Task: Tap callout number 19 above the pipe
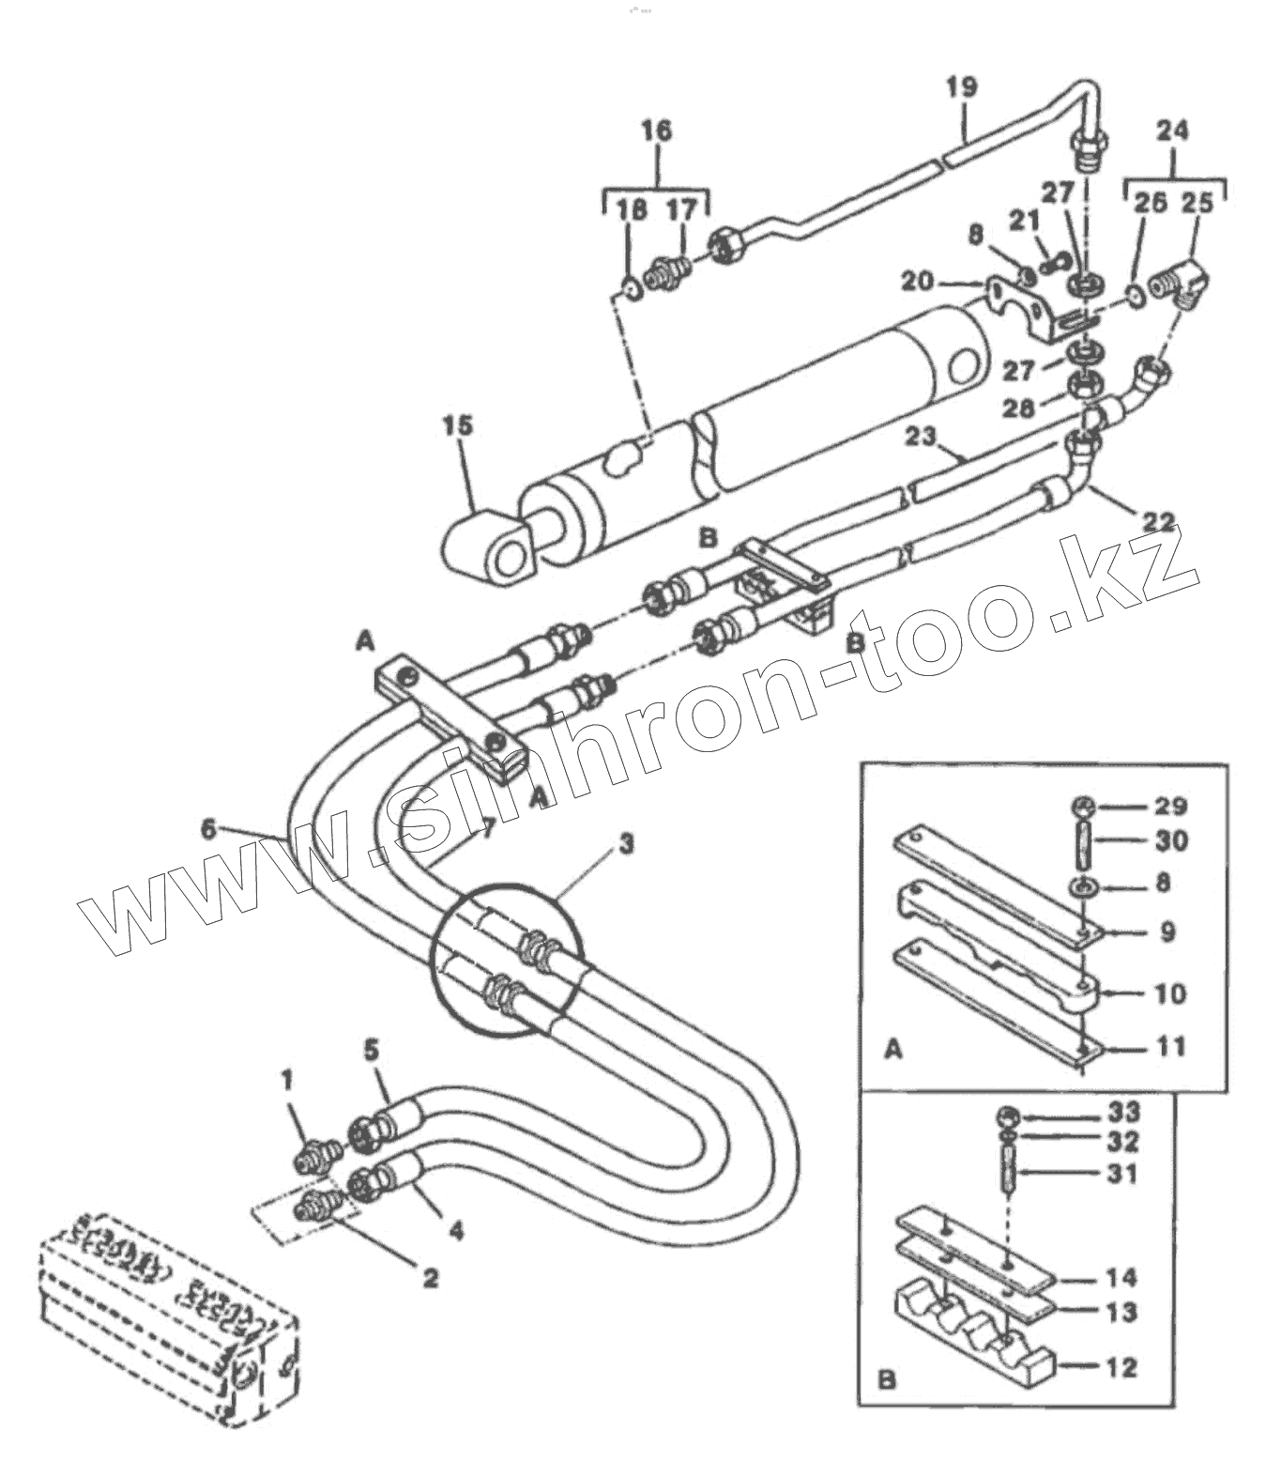point(961,87)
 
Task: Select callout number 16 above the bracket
point(656,130)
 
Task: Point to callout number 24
point(1174,130)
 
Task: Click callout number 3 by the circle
point(626,843)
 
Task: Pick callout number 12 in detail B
point(1121,1367)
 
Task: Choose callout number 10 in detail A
point(1169,992)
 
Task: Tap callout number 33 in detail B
point(1123,1113)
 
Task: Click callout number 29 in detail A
point(1171,806)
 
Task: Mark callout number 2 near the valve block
point(431,1277)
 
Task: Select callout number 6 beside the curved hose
point(208,829)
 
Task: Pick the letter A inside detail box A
point(893,1049)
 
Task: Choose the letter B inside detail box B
point(887,1380)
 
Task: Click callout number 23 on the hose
point(923,438)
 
